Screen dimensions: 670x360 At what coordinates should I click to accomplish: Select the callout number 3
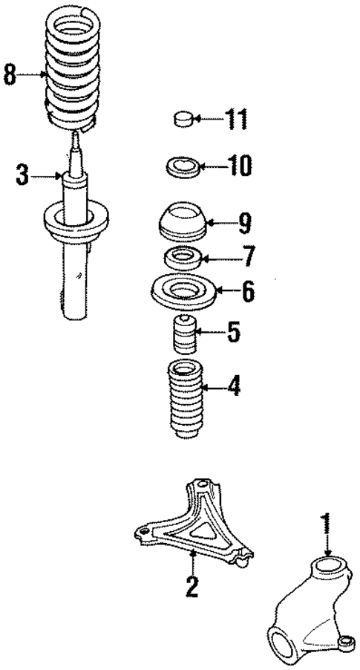(23, 176)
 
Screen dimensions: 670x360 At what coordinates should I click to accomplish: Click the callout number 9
(244, 221)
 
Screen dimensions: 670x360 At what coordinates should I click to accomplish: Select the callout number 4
(234, 387)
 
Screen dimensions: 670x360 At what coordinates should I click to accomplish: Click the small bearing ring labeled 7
(182, 260)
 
